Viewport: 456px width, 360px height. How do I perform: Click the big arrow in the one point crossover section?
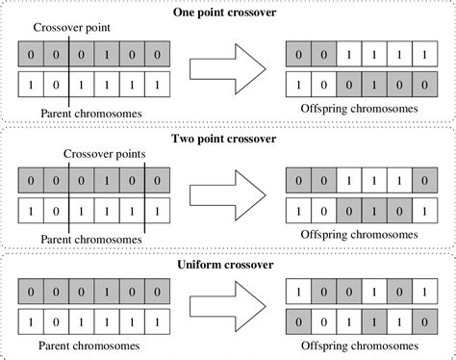(x=227, y=72)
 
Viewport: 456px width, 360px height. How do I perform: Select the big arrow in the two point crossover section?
(x=227, y=195)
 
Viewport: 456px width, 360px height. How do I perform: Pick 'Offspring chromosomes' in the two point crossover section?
(x=359, y=234)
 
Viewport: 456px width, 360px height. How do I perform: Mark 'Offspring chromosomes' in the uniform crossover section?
(x=359, y=345)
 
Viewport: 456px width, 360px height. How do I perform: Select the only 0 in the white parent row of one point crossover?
(x=55, y=87)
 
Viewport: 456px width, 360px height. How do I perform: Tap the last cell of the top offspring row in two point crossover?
(x=424, y=179)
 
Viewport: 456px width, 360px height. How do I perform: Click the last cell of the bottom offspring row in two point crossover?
(x=424, y=209)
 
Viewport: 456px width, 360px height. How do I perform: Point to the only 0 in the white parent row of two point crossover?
(x=55, y=209)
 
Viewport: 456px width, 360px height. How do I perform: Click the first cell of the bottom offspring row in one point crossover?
(x=300, y=87)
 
